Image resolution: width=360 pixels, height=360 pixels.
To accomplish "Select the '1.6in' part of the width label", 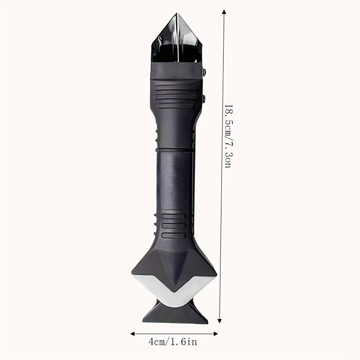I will pyautogui.click(x=185, y=342).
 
